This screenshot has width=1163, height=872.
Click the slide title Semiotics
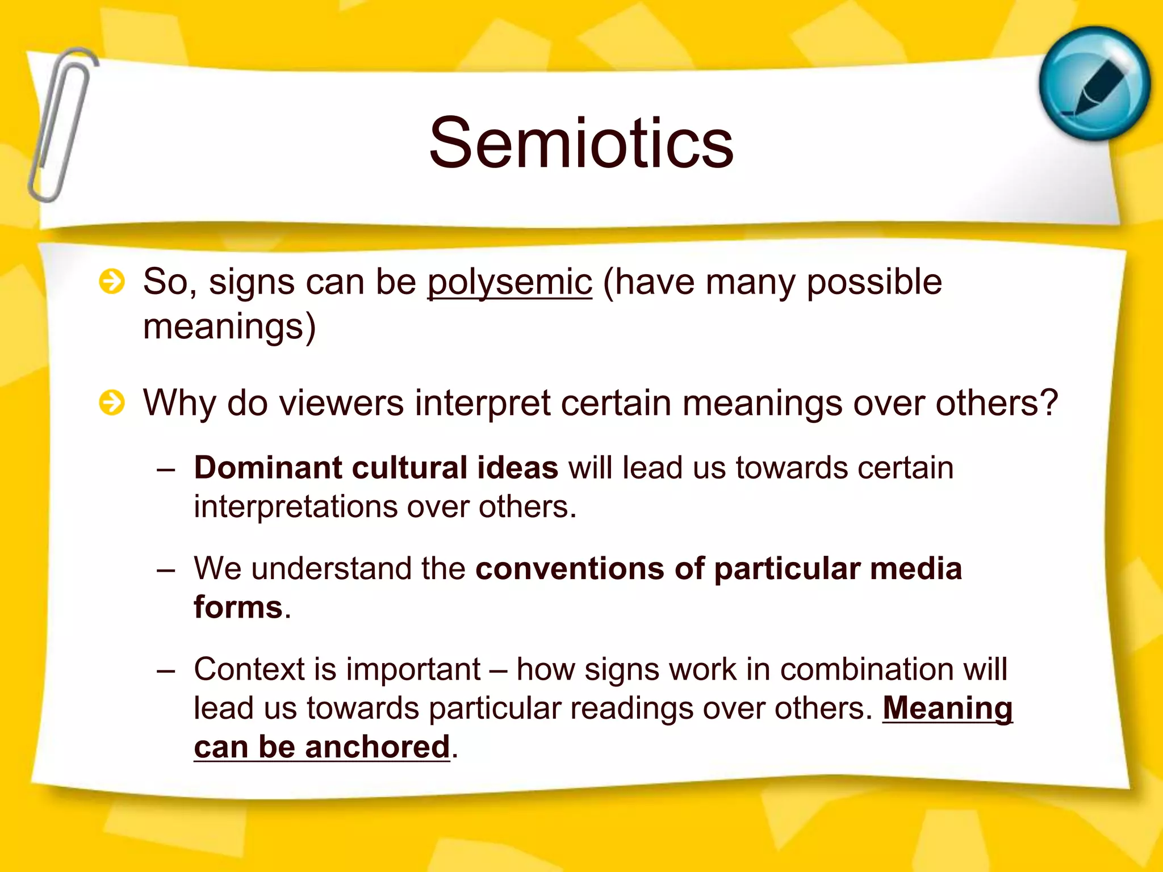tap(581, 143)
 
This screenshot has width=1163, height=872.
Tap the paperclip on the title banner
tap(61, 125)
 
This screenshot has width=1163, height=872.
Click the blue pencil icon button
tap(1094, 83)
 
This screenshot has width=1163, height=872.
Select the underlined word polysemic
tap(509, 282)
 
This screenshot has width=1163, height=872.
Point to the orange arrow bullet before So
tap(111, 282)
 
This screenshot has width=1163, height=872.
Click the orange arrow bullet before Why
tap(111, 403)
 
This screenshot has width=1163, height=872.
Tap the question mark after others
tap(1048, 403)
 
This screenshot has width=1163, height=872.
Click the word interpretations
tap(295, 507)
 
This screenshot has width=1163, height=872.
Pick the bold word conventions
tap(570, 569)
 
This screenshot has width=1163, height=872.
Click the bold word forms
tap(238, 607)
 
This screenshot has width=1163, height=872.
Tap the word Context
tap(249, 669)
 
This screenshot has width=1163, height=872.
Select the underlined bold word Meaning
tap(947, 708)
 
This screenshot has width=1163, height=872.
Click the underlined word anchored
tap(377, 747)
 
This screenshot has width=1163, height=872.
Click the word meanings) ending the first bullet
tap(229, 328)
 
